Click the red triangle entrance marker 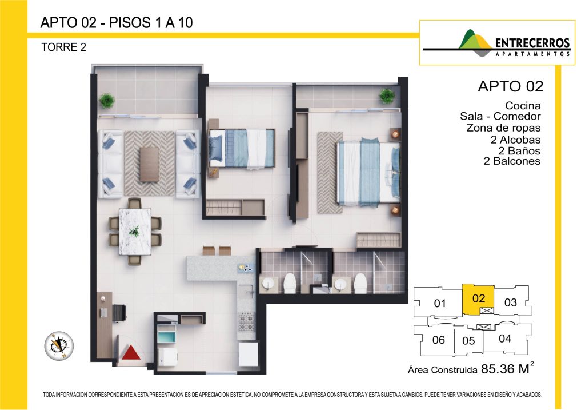point(131,353)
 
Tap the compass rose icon point(59,346)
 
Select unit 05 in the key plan point(468,340)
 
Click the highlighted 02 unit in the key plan point(478,299)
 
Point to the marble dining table point(135,232)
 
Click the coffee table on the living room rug point(149,165)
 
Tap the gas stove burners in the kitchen point(247,323)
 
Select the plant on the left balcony point(107,101)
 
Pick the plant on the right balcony point(387,96)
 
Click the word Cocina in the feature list point(523,106)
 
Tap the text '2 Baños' point(519,151)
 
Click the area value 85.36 point(498,369)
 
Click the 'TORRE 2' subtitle point(64,47)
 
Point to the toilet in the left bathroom point(290,283)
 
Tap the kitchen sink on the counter point(246,291)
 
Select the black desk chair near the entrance point(119,313)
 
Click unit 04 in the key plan point(505,339)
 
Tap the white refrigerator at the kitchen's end point(248,353)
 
